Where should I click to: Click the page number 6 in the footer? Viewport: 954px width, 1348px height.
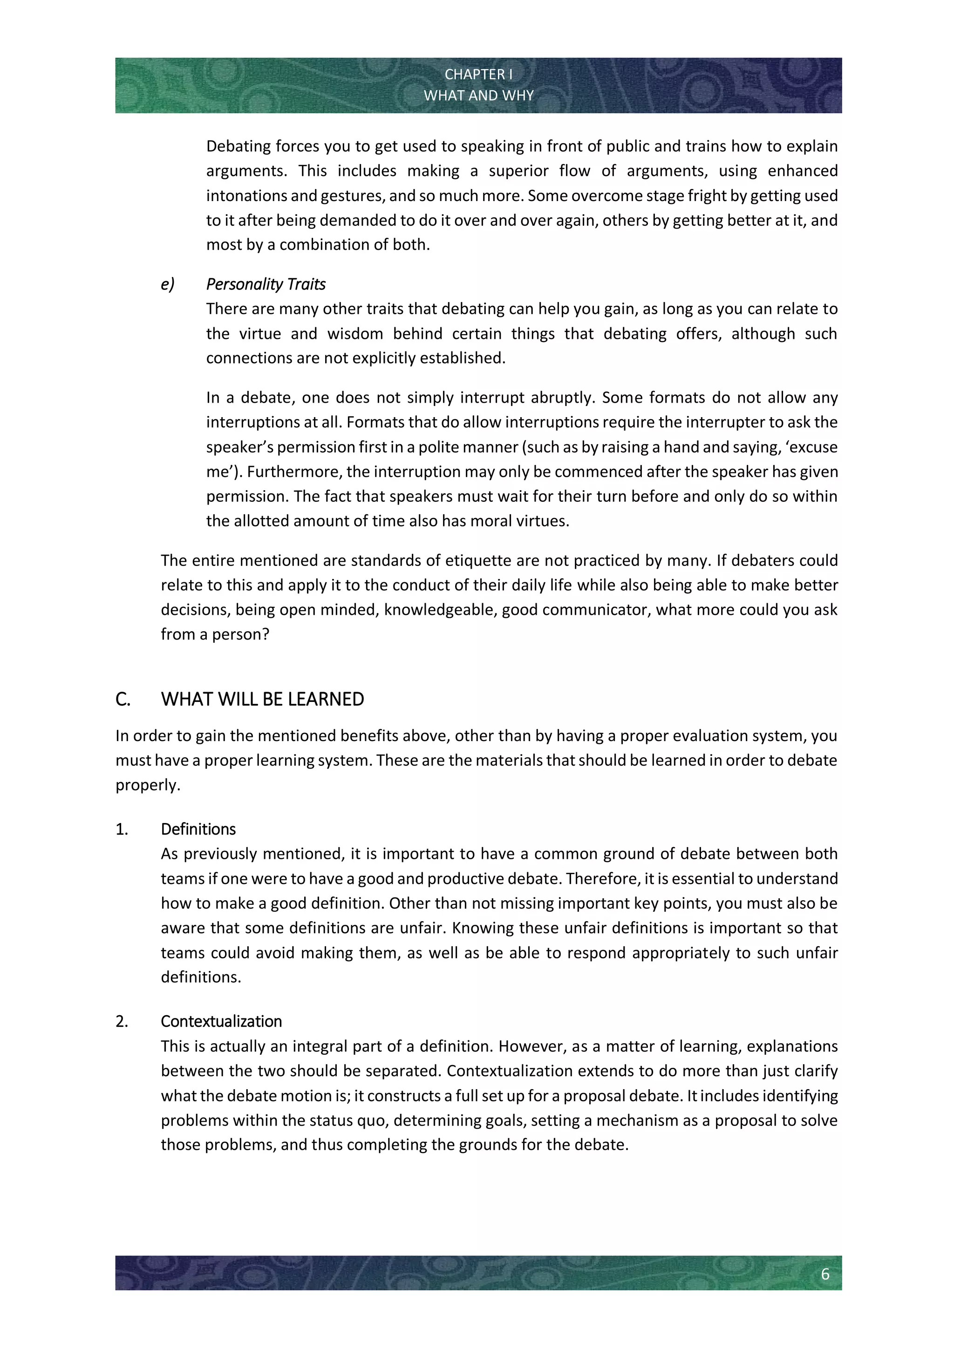point(825,1274)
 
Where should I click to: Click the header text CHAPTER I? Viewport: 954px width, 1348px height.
point(478,74)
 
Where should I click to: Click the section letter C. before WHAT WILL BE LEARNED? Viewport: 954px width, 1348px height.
point(123,699)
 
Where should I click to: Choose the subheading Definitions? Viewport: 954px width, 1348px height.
point(198,829)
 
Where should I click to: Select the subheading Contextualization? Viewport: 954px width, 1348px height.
point(221,1022)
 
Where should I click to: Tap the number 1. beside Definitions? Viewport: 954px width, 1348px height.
point(122,829)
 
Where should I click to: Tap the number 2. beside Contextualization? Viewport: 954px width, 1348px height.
point(122,1022)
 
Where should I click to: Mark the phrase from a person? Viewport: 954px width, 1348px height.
point(215,634)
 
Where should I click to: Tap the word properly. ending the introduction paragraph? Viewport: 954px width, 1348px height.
point(148,785)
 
